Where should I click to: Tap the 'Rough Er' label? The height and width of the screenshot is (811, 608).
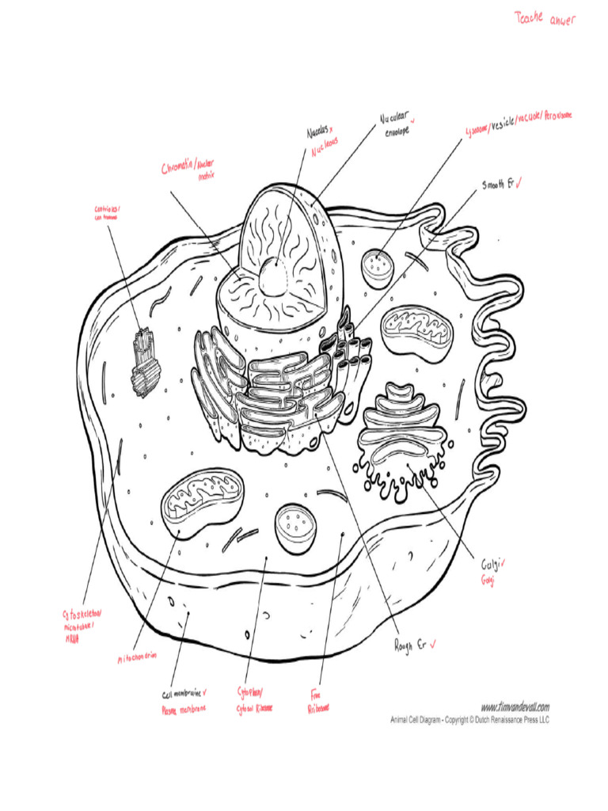(x=412, y=645)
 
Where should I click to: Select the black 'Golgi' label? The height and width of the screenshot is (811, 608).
(x=491, y=565)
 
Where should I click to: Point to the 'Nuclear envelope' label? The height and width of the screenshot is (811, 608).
(x=396, y=125)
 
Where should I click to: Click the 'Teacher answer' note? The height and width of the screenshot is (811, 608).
(x=545, y=18)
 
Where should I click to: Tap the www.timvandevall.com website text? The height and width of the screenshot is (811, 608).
(x=515, y=706)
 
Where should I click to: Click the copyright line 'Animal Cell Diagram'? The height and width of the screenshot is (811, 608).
(x=469, y=720)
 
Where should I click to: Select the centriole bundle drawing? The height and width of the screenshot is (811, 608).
(x=144, y=361)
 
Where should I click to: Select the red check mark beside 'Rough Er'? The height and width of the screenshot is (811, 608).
(x=435, y=645)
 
